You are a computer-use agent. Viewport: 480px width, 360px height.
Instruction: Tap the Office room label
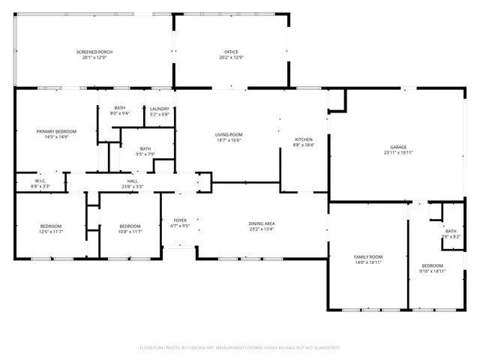(230, 52)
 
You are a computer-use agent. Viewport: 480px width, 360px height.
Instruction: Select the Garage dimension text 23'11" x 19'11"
(398, 152)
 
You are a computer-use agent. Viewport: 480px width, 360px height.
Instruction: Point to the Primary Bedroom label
(56, 131)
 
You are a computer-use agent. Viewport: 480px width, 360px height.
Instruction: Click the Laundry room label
(160, 109)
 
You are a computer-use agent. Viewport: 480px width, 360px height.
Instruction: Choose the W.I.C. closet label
(40, 181)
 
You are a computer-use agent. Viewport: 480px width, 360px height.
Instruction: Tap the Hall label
(132, 181)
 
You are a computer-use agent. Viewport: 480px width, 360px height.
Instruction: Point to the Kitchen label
(303, 139)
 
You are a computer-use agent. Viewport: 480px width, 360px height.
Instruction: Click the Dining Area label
(262, 223)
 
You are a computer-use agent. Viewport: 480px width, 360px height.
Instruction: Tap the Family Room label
(368, 257)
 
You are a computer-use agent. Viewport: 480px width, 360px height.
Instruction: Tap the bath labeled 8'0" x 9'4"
(120, 109)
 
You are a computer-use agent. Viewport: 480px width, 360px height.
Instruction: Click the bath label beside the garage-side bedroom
(450, 231)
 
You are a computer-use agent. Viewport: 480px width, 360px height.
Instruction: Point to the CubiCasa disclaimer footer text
(240, 347)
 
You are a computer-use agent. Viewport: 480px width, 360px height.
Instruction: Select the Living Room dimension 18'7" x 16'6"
(229, 139)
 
